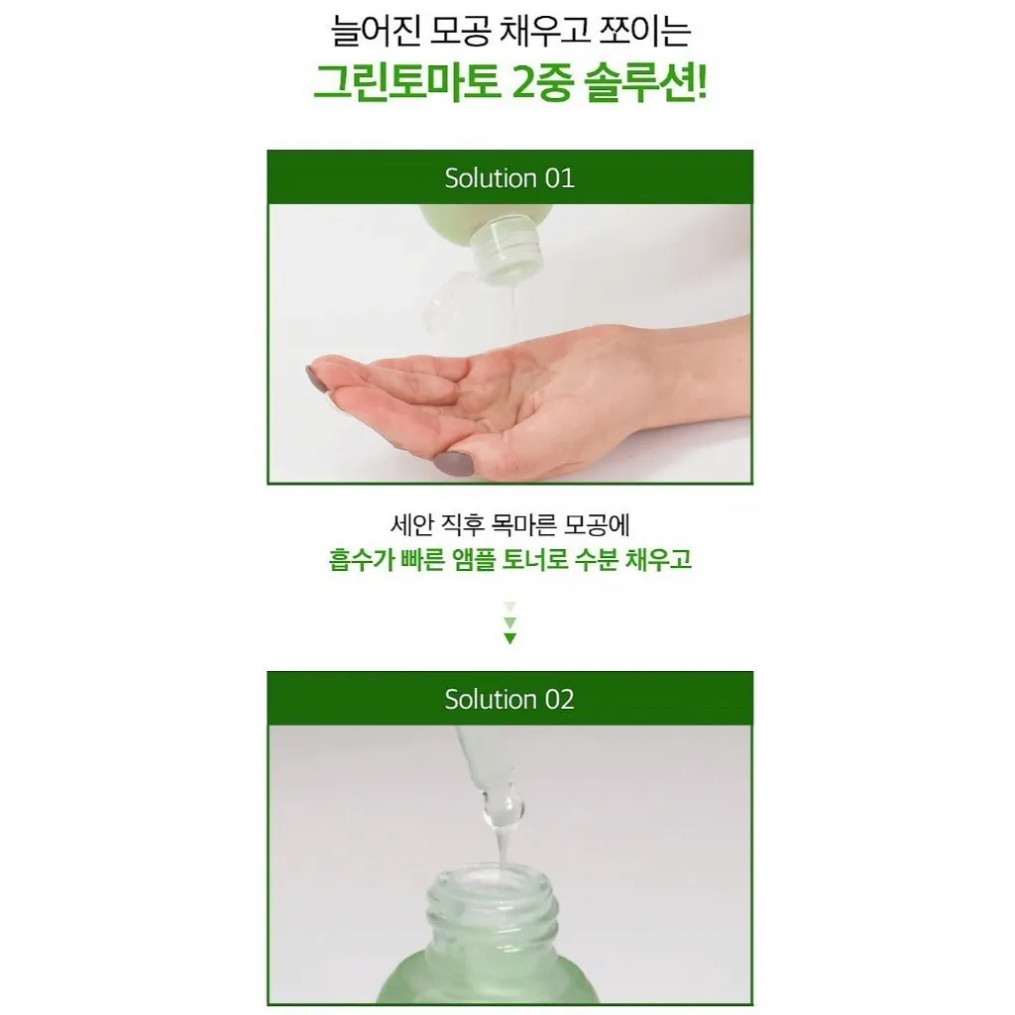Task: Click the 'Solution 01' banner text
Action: (509, 178)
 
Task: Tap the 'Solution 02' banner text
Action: (509, 699)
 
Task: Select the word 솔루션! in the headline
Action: (644, 83)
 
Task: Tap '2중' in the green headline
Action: (541, 83)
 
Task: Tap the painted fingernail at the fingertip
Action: (316, 380)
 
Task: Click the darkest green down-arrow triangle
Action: (510, 639)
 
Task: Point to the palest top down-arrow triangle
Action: (510, 608)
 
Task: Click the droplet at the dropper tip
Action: (501, 808)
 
